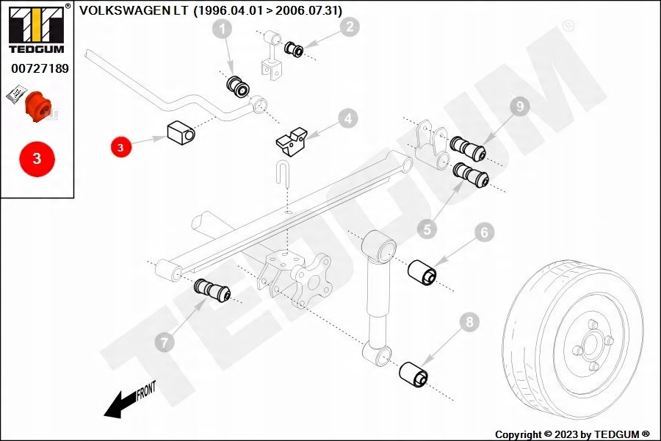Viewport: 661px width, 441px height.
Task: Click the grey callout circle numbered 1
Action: pyautogui.click(x=222, y=29)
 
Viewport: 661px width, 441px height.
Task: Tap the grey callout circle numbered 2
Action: pyautogui.click(x=350, y=26)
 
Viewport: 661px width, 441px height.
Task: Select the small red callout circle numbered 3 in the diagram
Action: pyautogui.click(x=121, y=147)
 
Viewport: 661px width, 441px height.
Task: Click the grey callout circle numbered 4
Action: pyautogui.click(x=348, y=118)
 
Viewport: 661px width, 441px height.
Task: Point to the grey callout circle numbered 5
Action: pyautogui.click(x=427, y=229)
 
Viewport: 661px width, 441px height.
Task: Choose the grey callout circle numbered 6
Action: pyautogui.click(x=484, y=232)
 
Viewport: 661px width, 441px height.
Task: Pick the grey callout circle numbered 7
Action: pyautogui.click(x=165, y=341)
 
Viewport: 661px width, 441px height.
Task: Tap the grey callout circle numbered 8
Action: pyautogui.click(x=469, y=322)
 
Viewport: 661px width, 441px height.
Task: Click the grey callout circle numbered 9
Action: pyautogui.click(x=520, y=106)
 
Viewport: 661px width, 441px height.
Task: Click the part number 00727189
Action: pyautogui.click(x=40, y=68)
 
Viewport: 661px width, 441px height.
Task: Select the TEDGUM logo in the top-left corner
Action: pyautogui.click(x=37, y=29)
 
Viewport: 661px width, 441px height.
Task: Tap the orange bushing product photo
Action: pyautogui.click(x=38, y=106)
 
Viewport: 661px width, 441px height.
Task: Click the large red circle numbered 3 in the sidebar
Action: pyautogui.click(x=37, y=159)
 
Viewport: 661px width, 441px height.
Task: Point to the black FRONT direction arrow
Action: pyautogui.click(x=120, y=405)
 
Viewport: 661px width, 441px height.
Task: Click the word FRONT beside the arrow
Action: pyautogui.click(x=146, y=391)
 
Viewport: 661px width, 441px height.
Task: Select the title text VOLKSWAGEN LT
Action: pyautogui.click(x=134, y=10)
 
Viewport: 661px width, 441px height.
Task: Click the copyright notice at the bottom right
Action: pyautogui.click(x=572, y=434)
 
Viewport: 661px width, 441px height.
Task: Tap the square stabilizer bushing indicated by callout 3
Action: pyautogui.click(x=181, y=132)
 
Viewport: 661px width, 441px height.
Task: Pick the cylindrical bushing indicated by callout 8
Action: pyautogui.click(x=413, y=374)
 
